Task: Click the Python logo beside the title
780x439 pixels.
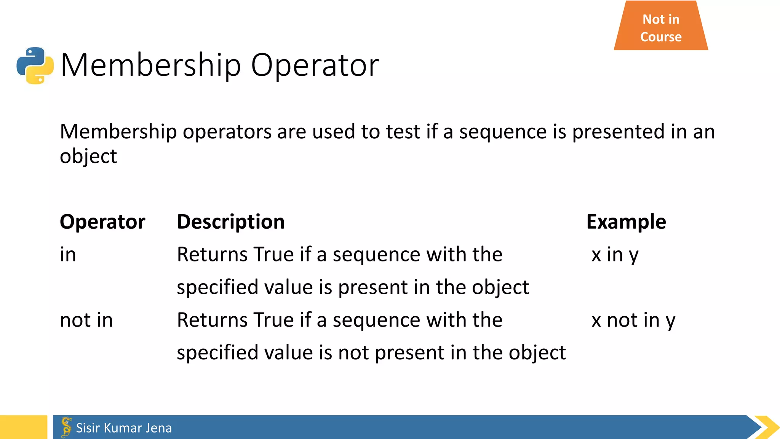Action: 35,65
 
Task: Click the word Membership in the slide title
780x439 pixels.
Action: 151,65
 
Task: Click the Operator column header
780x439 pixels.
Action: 102,222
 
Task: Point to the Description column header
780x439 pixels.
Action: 231,222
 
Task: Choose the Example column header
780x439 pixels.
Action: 626,222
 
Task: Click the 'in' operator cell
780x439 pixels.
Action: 68,255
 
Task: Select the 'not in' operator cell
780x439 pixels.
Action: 86,320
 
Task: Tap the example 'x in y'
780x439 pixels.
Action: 615,255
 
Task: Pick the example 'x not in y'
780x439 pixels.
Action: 633,320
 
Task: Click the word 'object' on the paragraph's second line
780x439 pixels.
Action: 88,156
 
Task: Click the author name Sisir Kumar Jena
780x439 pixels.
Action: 124,428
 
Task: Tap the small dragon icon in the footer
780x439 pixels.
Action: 66,427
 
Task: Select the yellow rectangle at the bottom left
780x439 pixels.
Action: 23,427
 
